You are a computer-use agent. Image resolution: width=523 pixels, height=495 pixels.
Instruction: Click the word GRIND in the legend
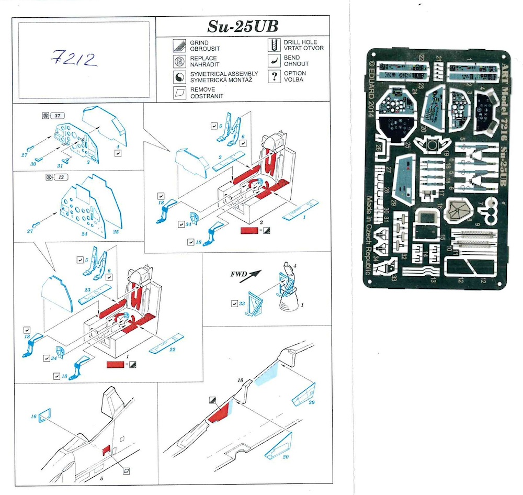click(x=199, y=42)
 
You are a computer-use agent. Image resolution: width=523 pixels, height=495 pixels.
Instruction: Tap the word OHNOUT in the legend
click(x=296, y=64)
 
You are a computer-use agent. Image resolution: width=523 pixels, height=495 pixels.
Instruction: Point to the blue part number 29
click(x=311, y=402)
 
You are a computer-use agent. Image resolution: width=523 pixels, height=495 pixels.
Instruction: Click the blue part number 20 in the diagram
click(x=285, y=457)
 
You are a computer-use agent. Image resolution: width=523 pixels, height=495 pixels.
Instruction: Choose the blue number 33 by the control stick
click(x=242, y=303)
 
